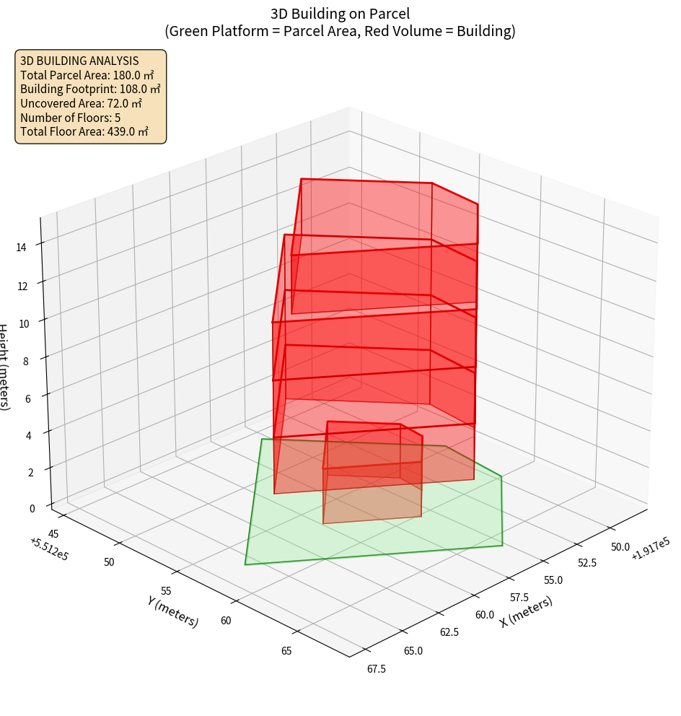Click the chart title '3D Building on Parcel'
[x=340, y=13]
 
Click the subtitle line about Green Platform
[x=340, y=31]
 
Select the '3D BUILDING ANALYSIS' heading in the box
[x=79, y=61]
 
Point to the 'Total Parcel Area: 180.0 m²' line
[x=87, y=75]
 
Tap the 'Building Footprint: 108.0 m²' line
[x=90, y=89]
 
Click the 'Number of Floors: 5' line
[x=70, y=118]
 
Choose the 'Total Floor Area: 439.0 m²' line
[x=84, y=131]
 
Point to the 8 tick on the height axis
[x=27, y=361]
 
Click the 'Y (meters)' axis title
[x=172, y=611]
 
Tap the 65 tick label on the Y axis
[x=286, y=651]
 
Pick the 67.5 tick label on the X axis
[x=375, y=669]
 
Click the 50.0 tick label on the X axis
[x=620, y=547]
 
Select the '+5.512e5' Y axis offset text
[x=50, y=549]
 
